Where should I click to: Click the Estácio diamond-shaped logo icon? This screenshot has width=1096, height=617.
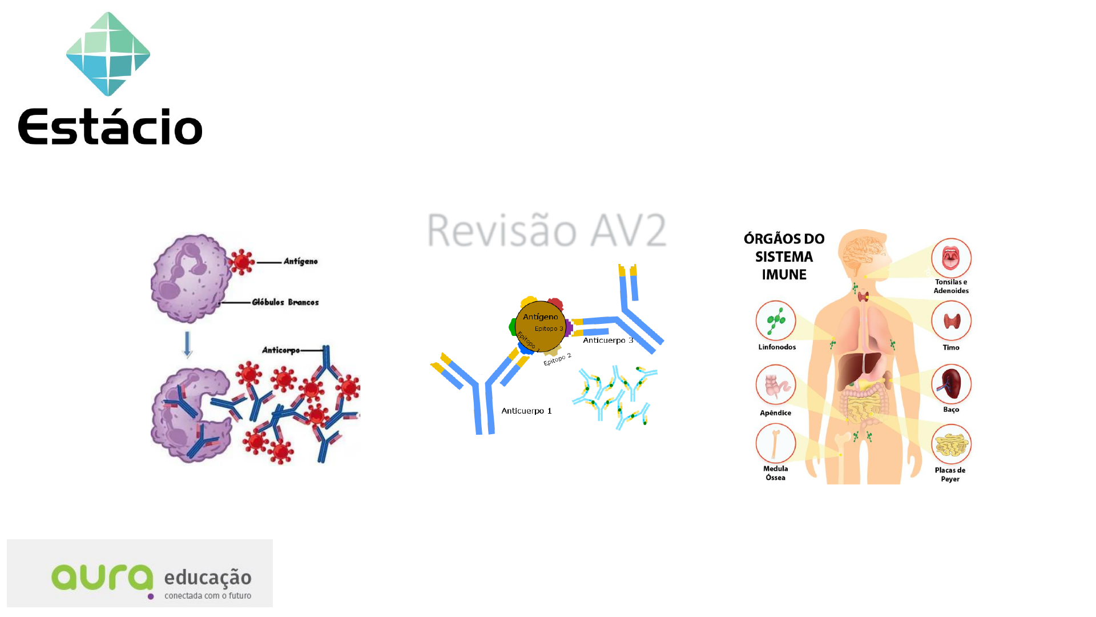coord(108,54)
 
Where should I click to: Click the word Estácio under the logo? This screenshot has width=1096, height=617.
coord(110,126)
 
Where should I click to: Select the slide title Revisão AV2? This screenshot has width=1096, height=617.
coord(546,230)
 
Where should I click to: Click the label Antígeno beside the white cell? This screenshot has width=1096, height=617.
coord(300,262)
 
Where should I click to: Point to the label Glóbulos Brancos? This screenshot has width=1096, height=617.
coord(285,302)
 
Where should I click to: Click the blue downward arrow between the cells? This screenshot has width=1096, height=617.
coord(187,344)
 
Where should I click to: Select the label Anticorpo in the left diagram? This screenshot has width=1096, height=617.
coord(280,350)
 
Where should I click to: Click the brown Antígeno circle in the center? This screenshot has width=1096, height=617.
coord(540,326)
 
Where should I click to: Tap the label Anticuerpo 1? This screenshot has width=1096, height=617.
coord(526,411)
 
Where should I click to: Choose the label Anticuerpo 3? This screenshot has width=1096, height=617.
coord(608,340)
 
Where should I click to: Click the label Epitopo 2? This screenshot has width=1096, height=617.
coord(557,359)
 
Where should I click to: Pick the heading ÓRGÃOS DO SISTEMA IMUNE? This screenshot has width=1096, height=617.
coord(784,257)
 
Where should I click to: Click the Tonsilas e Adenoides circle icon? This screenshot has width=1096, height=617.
coord(951,258)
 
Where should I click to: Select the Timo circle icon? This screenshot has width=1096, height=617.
coord(951,320)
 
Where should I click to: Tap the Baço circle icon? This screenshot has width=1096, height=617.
coord(951,384)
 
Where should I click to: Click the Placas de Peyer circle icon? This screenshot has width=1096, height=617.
coord(951,444)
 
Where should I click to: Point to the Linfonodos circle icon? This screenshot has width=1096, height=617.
coord(776,320)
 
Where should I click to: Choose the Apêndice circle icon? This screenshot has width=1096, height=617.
coord(776,385)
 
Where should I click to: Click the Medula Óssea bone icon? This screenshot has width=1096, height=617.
coord(776,443)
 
